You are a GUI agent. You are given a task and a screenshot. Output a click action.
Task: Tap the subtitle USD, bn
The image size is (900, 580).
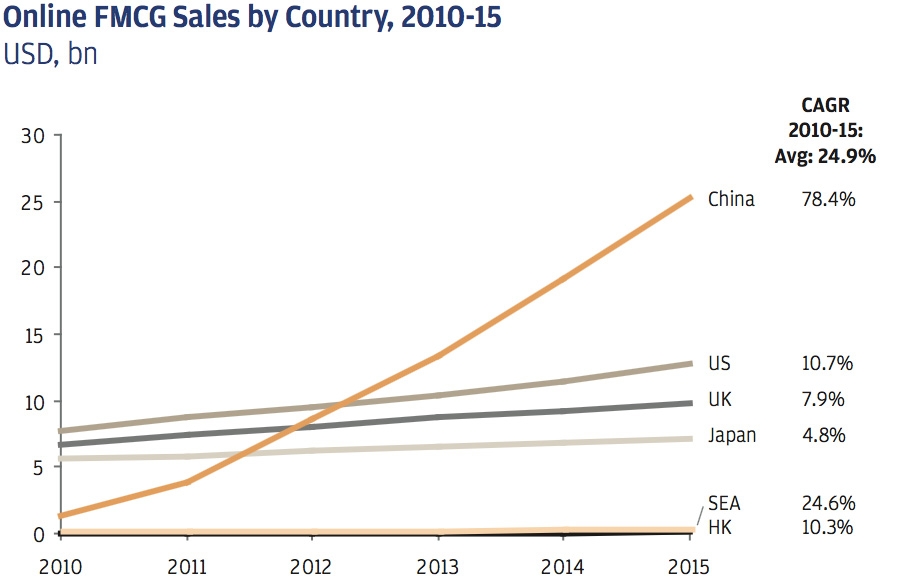50,54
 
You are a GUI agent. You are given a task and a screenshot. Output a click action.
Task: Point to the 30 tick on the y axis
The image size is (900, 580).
33,135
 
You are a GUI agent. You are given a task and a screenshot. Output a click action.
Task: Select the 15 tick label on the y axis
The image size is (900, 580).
33,335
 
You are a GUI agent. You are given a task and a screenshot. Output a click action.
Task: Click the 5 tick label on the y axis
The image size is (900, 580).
38,467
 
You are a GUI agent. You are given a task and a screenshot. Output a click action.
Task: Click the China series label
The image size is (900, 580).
731,199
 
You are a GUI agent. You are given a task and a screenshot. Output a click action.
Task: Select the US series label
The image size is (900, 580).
719,363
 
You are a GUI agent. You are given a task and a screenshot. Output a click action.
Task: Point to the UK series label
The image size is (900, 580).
719,399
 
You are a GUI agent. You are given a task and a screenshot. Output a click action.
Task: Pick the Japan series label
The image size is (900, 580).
731,435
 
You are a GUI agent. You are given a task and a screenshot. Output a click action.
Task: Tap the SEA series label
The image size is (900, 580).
724,503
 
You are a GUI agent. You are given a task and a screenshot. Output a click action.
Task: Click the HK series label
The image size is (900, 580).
719,527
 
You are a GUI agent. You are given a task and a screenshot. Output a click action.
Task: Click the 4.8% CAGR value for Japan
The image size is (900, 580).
825,435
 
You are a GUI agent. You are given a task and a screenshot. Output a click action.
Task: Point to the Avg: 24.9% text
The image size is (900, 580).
825,155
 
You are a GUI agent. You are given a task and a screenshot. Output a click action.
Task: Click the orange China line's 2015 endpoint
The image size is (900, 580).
690,197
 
